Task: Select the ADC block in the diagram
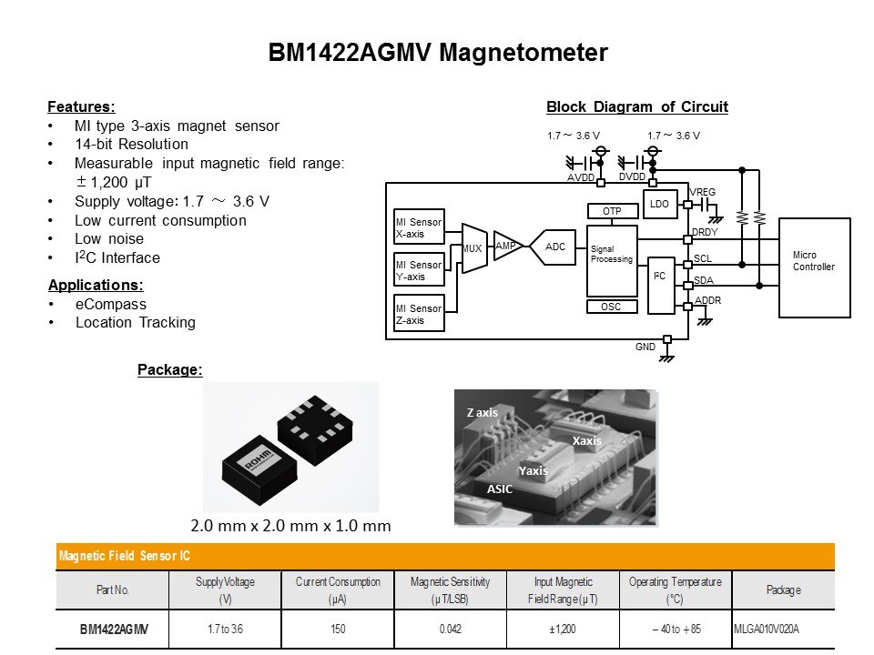(554, 247)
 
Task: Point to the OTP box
(612, 211)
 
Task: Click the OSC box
(612, 307)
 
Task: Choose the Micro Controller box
(814, 267)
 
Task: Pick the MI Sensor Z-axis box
(419, 313)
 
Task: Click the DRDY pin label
(706, 233)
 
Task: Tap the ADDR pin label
(708, 300)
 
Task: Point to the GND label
(645, 348)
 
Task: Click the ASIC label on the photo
(500, 489)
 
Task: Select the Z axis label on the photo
(483, 413)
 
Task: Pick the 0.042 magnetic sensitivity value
(451, 629)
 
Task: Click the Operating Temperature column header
(675, 590)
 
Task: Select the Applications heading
(96, 285)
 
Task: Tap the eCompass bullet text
(111, 304)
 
